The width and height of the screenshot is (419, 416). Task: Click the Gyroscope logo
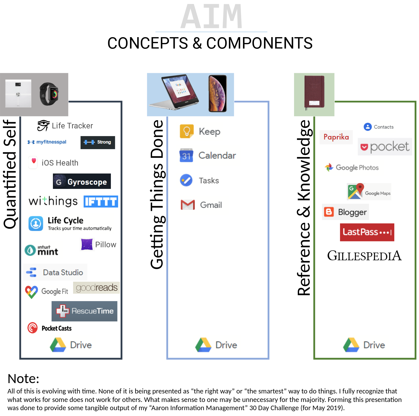point(82,181)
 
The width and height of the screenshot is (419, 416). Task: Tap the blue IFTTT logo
point(101,201)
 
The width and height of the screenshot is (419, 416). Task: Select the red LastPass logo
point(367,232)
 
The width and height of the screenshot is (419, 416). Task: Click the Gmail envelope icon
point(188,205)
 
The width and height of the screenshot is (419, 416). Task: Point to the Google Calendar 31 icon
point(186,155)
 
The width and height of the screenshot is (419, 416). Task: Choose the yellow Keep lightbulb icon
point(187,131)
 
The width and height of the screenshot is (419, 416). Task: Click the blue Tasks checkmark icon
point(186,180)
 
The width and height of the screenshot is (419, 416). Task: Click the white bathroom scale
point(18,93)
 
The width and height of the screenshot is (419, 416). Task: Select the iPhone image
point(218,93)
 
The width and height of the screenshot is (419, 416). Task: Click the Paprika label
point(336,137)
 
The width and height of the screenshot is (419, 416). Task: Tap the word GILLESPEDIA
point(364,256)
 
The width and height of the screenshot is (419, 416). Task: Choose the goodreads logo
point(97,288)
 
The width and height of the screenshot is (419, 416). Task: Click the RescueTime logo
point(84,311)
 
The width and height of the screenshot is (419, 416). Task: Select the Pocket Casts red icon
point(32,328)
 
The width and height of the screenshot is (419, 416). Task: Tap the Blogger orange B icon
point(329,212)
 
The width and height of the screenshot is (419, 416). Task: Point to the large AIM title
point(211,16)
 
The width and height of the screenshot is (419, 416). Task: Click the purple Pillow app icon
point(87,244)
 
